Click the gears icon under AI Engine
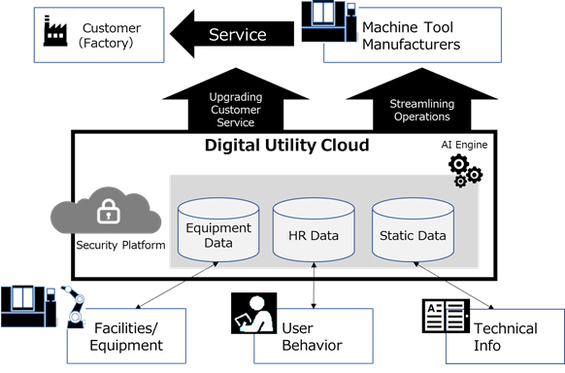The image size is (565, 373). [464, 170]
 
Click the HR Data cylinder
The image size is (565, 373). [313, 231]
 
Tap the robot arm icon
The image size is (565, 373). [74, 305]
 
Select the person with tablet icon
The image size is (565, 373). [249, 312]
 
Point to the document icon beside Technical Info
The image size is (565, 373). [445, 316]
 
